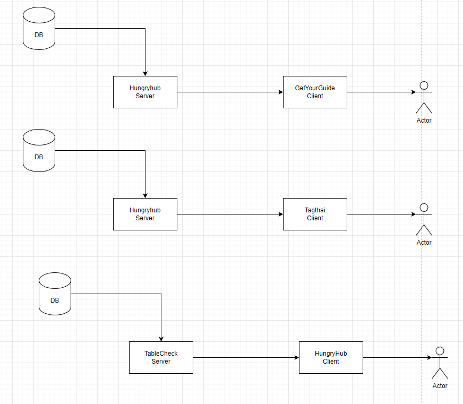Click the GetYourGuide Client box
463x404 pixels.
315,92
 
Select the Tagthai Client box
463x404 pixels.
315,214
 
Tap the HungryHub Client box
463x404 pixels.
331,357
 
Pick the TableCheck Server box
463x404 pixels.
161,357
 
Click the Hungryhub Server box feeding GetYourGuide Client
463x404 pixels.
145,92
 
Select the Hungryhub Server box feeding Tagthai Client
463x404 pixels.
145,214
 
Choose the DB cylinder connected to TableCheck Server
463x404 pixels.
55,293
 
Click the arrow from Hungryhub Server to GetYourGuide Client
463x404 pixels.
230,92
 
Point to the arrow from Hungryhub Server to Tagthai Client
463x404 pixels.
230,214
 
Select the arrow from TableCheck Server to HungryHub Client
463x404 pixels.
246,357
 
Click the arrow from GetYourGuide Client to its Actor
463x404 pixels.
380,92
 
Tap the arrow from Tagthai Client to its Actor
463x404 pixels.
380,214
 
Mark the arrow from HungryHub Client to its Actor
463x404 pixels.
396,357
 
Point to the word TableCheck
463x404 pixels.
161,354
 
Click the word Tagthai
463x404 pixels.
315,210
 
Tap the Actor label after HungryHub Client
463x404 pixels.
440,386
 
